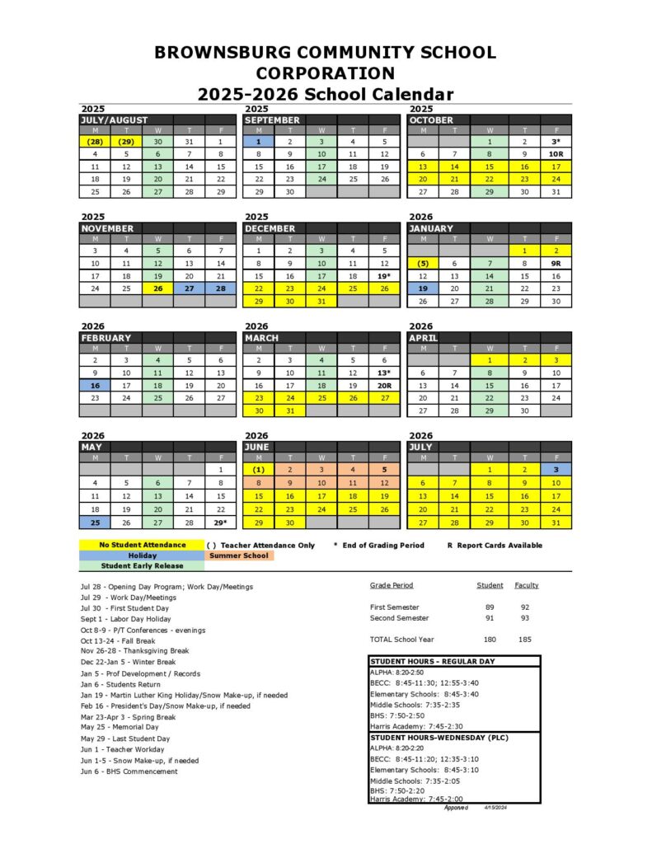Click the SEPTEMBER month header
273,120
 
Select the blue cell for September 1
258,142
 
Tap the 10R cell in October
556,154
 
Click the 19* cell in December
383,275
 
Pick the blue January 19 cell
423,288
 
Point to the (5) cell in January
423,263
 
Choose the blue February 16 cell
95,385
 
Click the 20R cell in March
383,385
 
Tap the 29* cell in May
220,523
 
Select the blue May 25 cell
95,523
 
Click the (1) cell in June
258,470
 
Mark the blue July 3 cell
556,470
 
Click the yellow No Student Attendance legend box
142,545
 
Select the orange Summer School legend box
240,556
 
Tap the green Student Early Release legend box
142,566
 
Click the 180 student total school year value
490,640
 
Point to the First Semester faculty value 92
526,607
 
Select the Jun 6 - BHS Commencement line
129,771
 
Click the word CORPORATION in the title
326,73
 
